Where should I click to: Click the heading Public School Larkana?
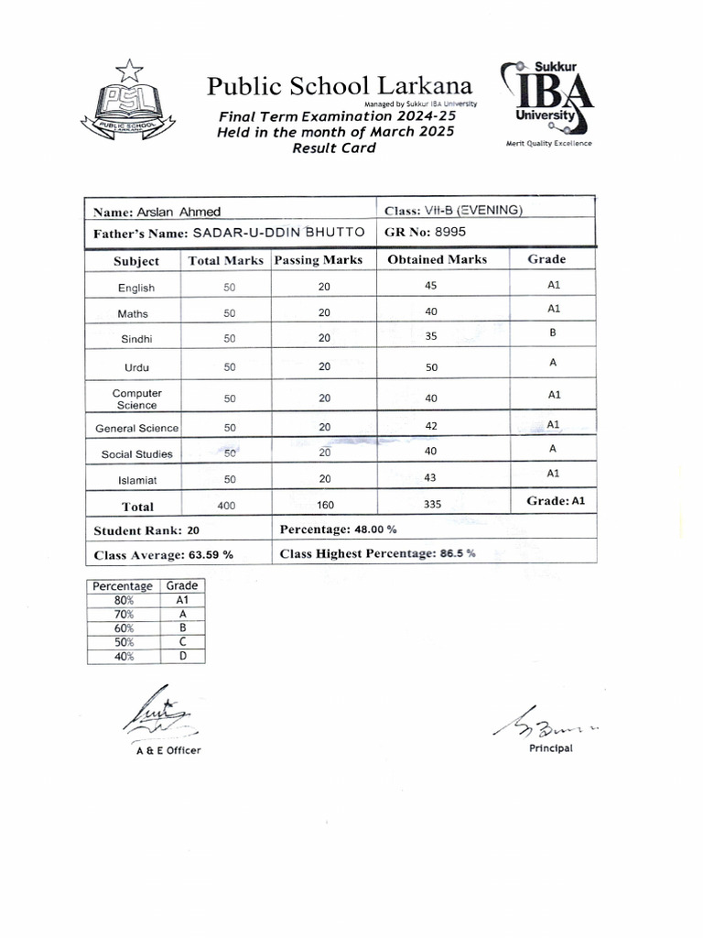pos(340,87)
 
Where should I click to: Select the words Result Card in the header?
pos(334,147)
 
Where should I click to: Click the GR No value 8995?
pos(450,232)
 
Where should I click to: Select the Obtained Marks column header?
pos(437,260)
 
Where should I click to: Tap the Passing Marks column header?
pos(319,260)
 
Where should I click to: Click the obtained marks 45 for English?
pos(431,286)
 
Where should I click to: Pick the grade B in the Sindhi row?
pos(553,333)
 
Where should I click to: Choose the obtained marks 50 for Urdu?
pos(431,367)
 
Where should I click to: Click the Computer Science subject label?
pos(136,399)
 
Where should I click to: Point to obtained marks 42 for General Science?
pos(431,426)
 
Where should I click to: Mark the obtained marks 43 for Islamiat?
pos(431,477)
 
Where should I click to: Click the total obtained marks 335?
pos(434,505)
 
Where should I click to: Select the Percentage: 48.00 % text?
pos(338,529)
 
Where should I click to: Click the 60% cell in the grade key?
pos(124,628)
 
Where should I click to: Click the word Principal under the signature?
pos(550,748)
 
